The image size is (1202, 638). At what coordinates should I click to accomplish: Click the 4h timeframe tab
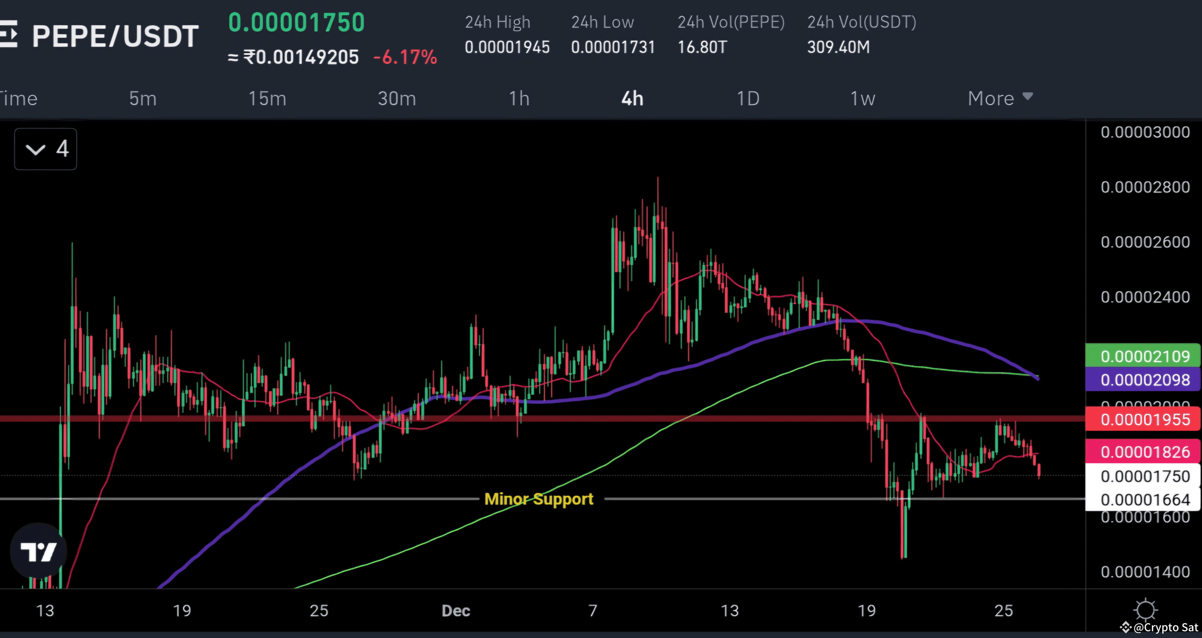point(632,99)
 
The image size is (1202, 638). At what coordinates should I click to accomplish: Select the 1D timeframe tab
point(747,99)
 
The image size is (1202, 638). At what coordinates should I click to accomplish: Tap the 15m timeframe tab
point(267,99)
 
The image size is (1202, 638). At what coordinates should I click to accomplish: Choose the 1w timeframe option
point(862,99)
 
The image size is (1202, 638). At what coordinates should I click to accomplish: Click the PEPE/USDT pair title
point(115,36)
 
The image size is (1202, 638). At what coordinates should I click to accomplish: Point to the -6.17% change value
point(405,57)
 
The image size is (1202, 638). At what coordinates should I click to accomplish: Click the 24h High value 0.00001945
point(507,47)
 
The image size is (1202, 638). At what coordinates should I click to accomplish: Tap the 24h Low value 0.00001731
point(613,47)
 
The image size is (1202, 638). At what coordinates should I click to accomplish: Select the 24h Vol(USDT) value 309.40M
point(838,47)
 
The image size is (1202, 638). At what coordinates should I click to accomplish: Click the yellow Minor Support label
point(539,499)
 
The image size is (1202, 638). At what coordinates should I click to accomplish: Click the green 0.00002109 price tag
point(1144,356)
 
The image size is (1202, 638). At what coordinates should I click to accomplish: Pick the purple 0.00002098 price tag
point(1144,379)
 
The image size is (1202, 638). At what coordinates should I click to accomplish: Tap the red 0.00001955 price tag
point(1144,419)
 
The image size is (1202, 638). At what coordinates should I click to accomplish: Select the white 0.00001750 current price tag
point(1144,476)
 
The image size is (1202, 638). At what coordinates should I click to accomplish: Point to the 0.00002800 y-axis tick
point(1145,187)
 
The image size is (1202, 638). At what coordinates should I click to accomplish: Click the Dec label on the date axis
point(455,611)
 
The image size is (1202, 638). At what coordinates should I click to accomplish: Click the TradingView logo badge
point(38,551)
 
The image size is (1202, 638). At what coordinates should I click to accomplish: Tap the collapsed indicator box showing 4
point(46,149)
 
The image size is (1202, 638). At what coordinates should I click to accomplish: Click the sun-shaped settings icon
point(1145,610)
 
